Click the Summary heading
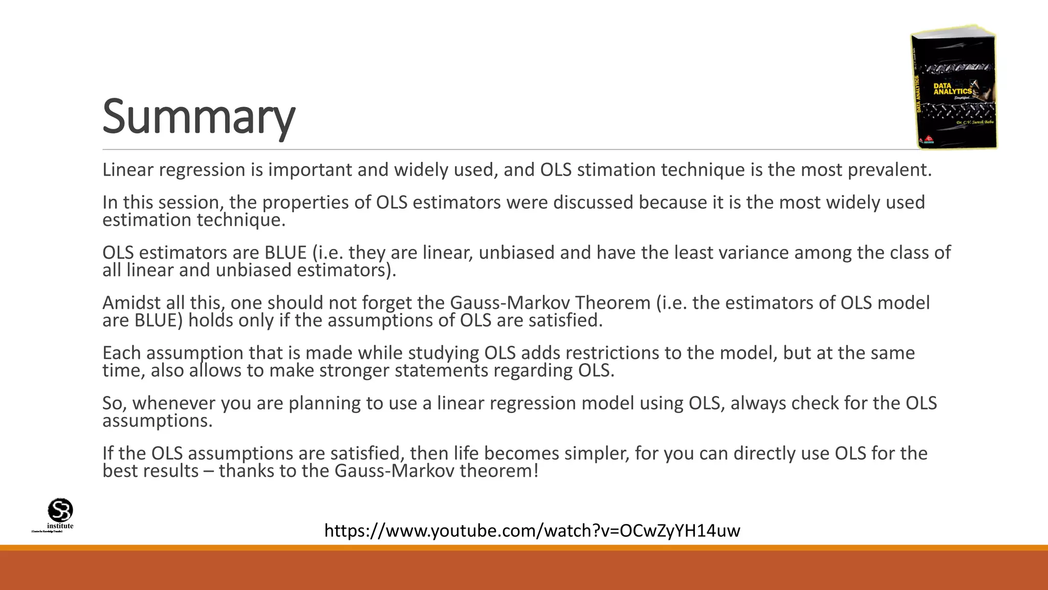point(199,117)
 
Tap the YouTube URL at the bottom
point(532,531)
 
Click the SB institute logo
point(60,514)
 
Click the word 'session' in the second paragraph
point(190,202)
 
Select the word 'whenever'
point(174,403)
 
